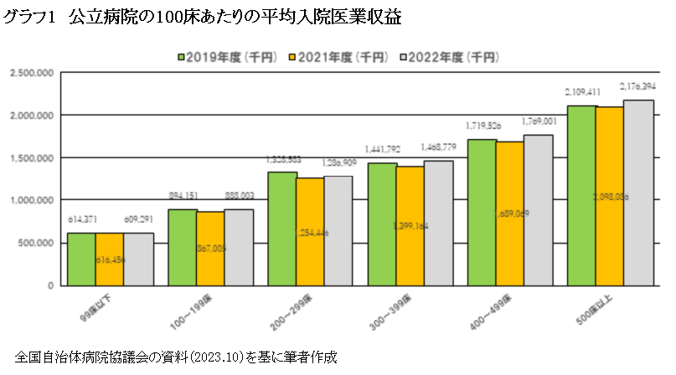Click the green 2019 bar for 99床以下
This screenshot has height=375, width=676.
click(81, 259)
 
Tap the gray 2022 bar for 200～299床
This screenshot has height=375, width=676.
click(338, 230)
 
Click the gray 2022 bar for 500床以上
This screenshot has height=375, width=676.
click(637, 193)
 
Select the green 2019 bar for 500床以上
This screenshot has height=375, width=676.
click(581, 195)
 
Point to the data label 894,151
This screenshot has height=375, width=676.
click(182, 196)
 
